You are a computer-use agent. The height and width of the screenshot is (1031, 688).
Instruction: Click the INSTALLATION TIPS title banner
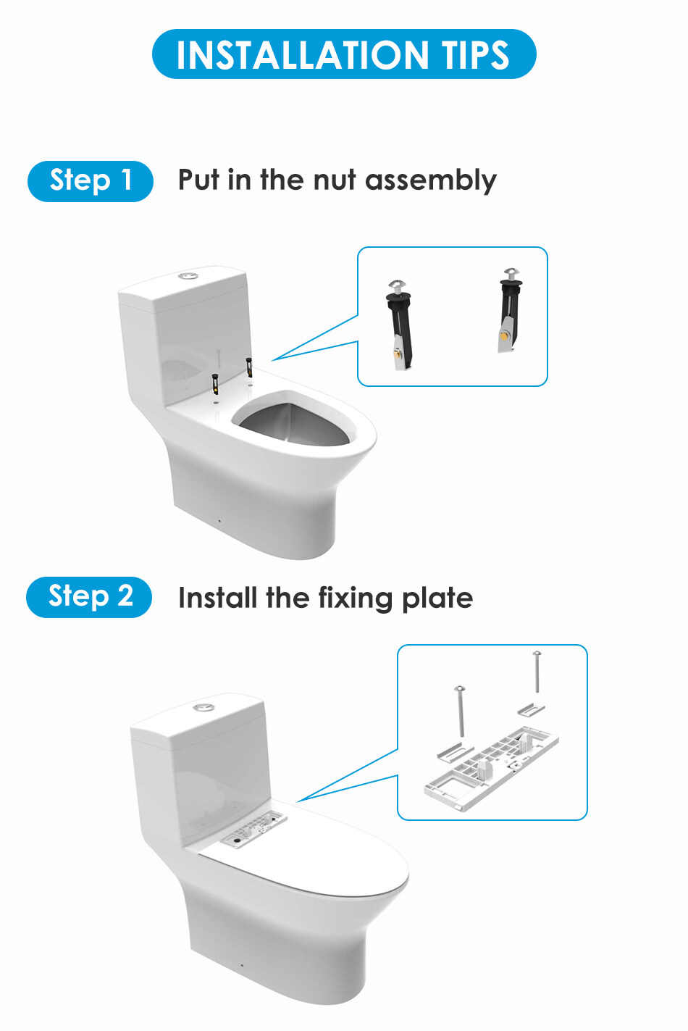(344, 54)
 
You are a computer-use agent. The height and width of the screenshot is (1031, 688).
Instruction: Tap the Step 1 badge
(91, 181)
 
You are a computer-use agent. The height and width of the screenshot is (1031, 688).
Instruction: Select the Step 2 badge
(89, 597)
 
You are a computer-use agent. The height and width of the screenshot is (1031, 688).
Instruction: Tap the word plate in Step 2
(437, 598)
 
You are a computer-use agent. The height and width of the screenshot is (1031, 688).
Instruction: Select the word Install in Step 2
(218, 598)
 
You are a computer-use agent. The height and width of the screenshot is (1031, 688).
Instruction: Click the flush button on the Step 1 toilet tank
(188, 276)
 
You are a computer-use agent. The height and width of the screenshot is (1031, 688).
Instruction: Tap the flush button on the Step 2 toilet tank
(203, 707)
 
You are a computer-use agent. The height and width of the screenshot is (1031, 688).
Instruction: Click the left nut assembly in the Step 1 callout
(400, 325)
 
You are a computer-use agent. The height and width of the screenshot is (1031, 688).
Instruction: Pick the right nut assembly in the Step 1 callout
(510, 311)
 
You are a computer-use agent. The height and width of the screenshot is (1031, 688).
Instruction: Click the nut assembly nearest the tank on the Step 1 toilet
(249, 367)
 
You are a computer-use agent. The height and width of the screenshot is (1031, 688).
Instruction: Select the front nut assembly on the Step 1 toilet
(214, 384)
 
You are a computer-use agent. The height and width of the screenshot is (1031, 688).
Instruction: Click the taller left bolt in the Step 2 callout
(460, 711)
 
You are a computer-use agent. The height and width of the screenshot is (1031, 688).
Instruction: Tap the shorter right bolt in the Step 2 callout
(537, 672)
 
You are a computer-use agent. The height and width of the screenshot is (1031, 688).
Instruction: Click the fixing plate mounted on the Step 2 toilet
(253, 829)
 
